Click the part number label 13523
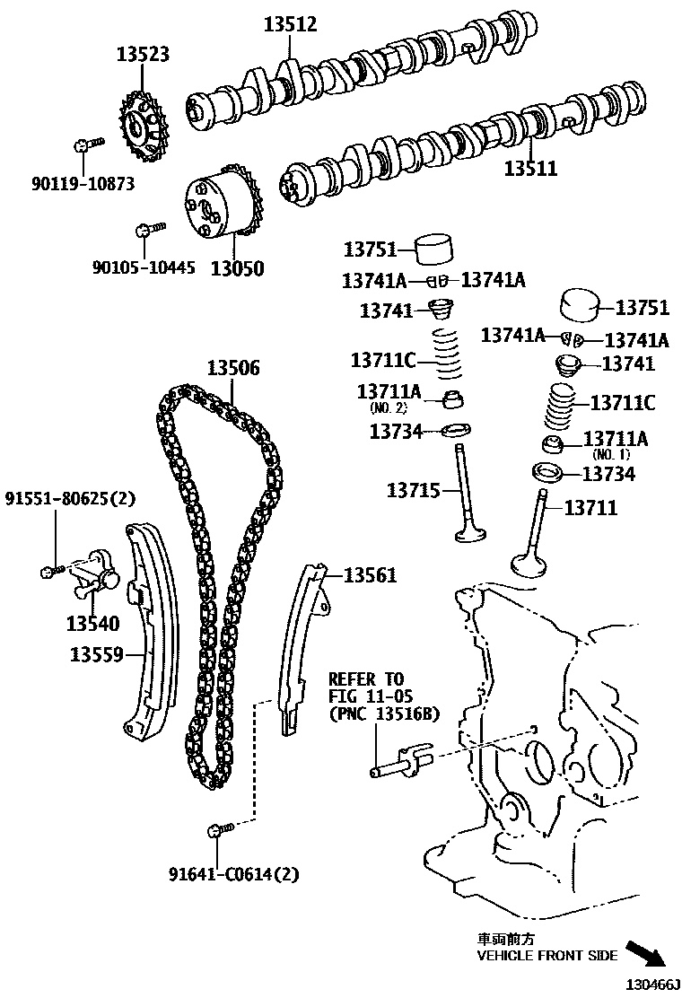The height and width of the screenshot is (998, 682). pos(143,55)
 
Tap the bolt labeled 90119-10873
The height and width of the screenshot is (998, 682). pos(85,144)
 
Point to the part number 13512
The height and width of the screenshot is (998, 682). pos(290,25)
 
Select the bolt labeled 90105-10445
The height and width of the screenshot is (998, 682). pos(146,231)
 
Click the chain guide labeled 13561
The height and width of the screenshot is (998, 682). pos(301,646)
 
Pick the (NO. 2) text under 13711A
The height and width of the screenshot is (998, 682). pos(389,407)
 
